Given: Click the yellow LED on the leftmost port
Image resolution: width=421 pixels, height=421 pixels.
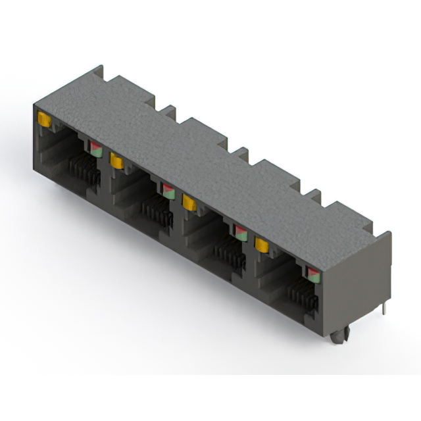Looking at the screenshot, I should (45, 119).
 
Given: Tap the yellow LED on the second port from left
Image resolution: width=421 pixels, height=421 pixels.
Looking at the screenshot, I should (118, 160).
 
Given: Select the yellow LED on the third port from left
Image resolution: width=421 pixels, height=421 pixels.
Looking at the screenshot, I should (189, 203).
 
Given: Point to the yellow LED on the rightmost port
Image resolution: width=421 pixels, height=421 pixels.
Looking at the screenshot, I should (262, 245).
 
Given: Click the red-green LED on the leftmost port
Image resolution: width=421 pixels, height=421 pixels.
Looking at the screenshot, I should (96, 147).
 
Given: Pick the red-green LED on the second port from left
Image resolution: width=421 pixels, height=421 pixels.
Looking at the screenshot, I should (169, 191).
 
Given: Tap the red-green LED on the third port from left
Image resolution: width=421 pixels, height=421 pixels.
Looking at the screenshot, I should (241, 232).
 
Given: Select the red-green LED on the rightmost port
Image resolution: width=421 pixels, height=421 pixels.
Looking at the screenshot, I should (313, 274).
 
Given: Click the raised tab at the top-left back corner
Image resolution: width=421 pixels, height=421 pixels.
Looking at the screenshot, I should (99, 74).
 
